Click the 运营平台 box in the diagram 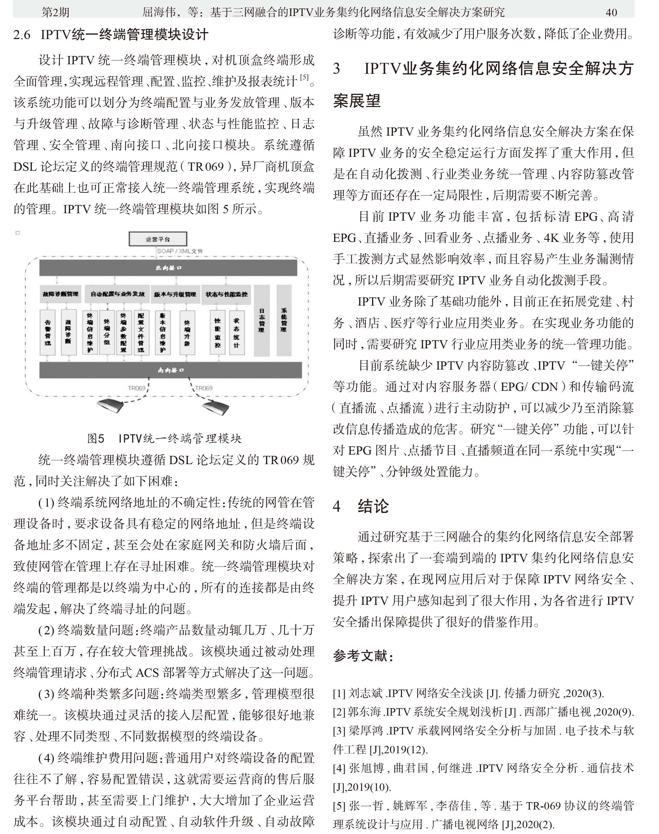158,239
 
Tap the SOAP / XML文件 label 180,251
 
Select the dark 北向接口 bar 168,268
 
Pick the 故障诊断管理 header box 60,294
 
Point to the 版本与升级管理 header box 175,294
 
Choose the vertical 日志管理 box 261,320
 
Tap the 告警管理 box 48,332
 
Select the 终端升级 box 187,332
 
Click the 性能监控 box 218,332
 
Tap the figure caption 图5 96,438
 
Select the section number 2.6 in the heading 22,35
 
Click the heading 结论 373,506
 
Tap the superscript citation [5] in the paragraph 305,77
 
